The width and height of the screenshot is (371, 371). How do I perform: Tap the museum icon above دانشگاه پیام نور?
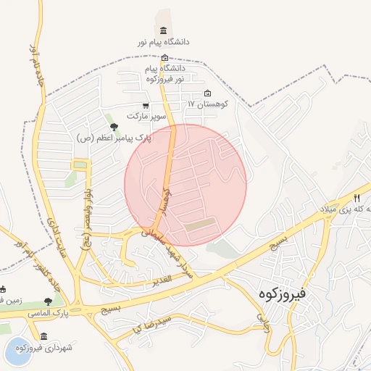(x=163, y=30)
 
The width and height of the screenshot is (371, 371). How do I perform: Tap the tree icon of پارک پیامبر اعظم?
(x=114, y=128)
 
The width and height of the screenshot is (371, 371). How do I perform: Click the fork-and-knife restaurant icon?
(x=357, y=197)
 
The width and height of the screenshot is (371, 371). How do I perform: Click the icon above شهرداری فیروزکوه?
(x=44, y=336)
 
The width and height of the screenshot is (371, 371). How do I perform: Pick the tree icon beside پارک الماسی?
(x=48, y=301)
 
